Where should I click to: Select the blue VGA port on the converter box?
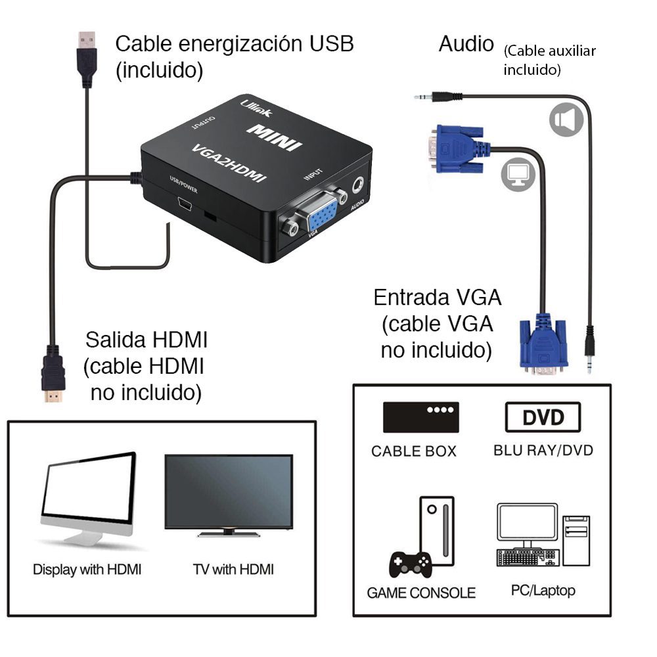(x=322, y=215)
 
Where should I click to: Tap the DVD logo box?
(x=543, y=417)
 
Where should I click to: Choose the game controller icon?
(x=411, y=563)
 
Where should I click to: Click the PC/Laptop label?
(x=543, y=590)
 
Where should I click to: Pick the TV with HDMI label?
(x=233, y=569)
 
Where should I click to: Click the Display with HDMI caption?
(x=87, y=569)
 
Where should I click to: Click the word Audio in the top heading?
(x=466, y=44)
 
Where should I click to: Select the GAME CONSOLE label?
(x=421, y=593)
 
